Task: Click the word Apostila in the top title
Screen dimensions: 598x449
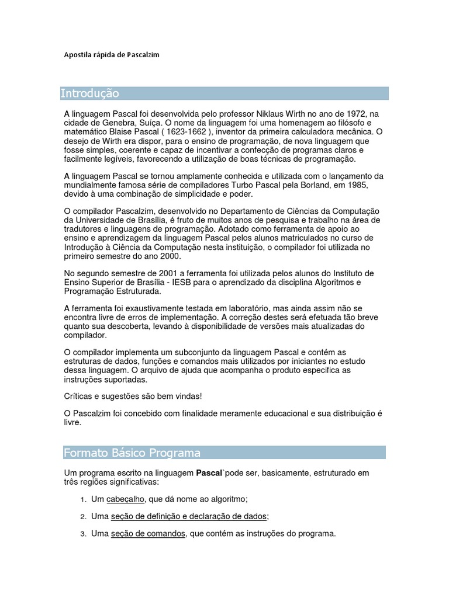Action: pos(77,55)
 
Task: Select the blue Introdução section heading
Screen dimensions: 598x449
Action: pos(90,93)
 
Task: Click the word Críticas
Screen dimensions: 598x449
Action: pos(78,396)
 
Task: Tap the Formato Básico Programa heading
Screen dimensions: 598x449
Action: pos(132,453)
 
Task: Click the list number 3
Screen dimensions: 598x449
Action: pos(83,534)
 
